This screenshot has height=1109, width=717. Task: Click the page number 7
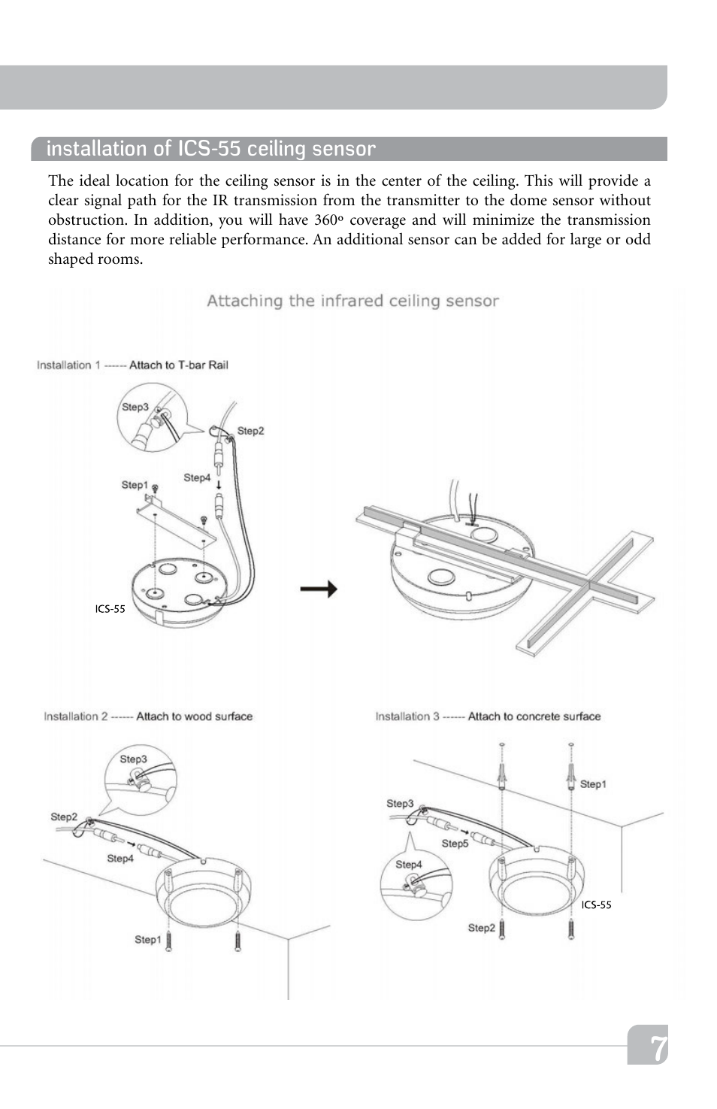(x=657, y=1047)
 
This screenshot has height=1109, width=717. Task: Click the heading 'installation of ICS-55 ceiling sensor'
(x=210, y=149)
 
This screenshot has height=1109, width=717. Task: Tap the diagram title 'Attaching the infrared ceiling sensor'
(x=352, y=301)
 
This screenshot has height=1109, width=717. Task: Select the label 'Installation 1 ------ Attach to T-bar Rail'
(x=132, y=365)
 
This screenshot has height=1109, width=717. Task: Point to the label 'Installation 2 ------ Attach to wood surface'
(x=148, y=717)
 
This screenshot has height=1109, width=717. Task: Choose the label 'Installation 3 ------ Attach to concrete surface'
(x=488, y=717)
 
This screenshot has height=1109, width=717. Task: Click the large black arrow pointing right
(x=319, y=589)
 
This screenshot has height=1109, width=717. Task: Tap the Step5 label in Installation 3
(x=455, y=844)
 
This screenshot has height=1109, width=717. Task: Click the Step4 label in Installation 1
(x=197, y=477)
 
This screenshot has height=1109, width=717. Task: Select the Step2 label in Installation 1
(x=250, y=431)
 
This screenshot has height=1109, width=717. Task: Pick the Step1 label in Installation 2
(x=147, y=939)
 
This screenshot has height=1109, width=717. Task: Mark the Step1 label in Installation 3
(x=592, y=784)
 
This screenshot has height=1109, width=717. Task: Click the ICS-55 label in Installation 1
(x=110, y=609)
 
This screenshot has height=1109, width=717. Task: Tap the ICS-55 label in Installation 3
(x=596, y=904)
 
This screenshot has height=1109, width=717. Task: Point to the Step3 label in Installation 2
(x=133, y=759)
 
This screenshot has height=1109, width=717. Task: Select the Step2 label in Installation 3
(x=481, y=928)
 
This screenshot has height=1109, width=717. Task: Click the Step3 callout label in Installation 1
(x=135, y=407)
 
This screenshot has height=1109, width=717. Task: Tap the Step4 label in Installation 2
(x=120, y=858)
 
